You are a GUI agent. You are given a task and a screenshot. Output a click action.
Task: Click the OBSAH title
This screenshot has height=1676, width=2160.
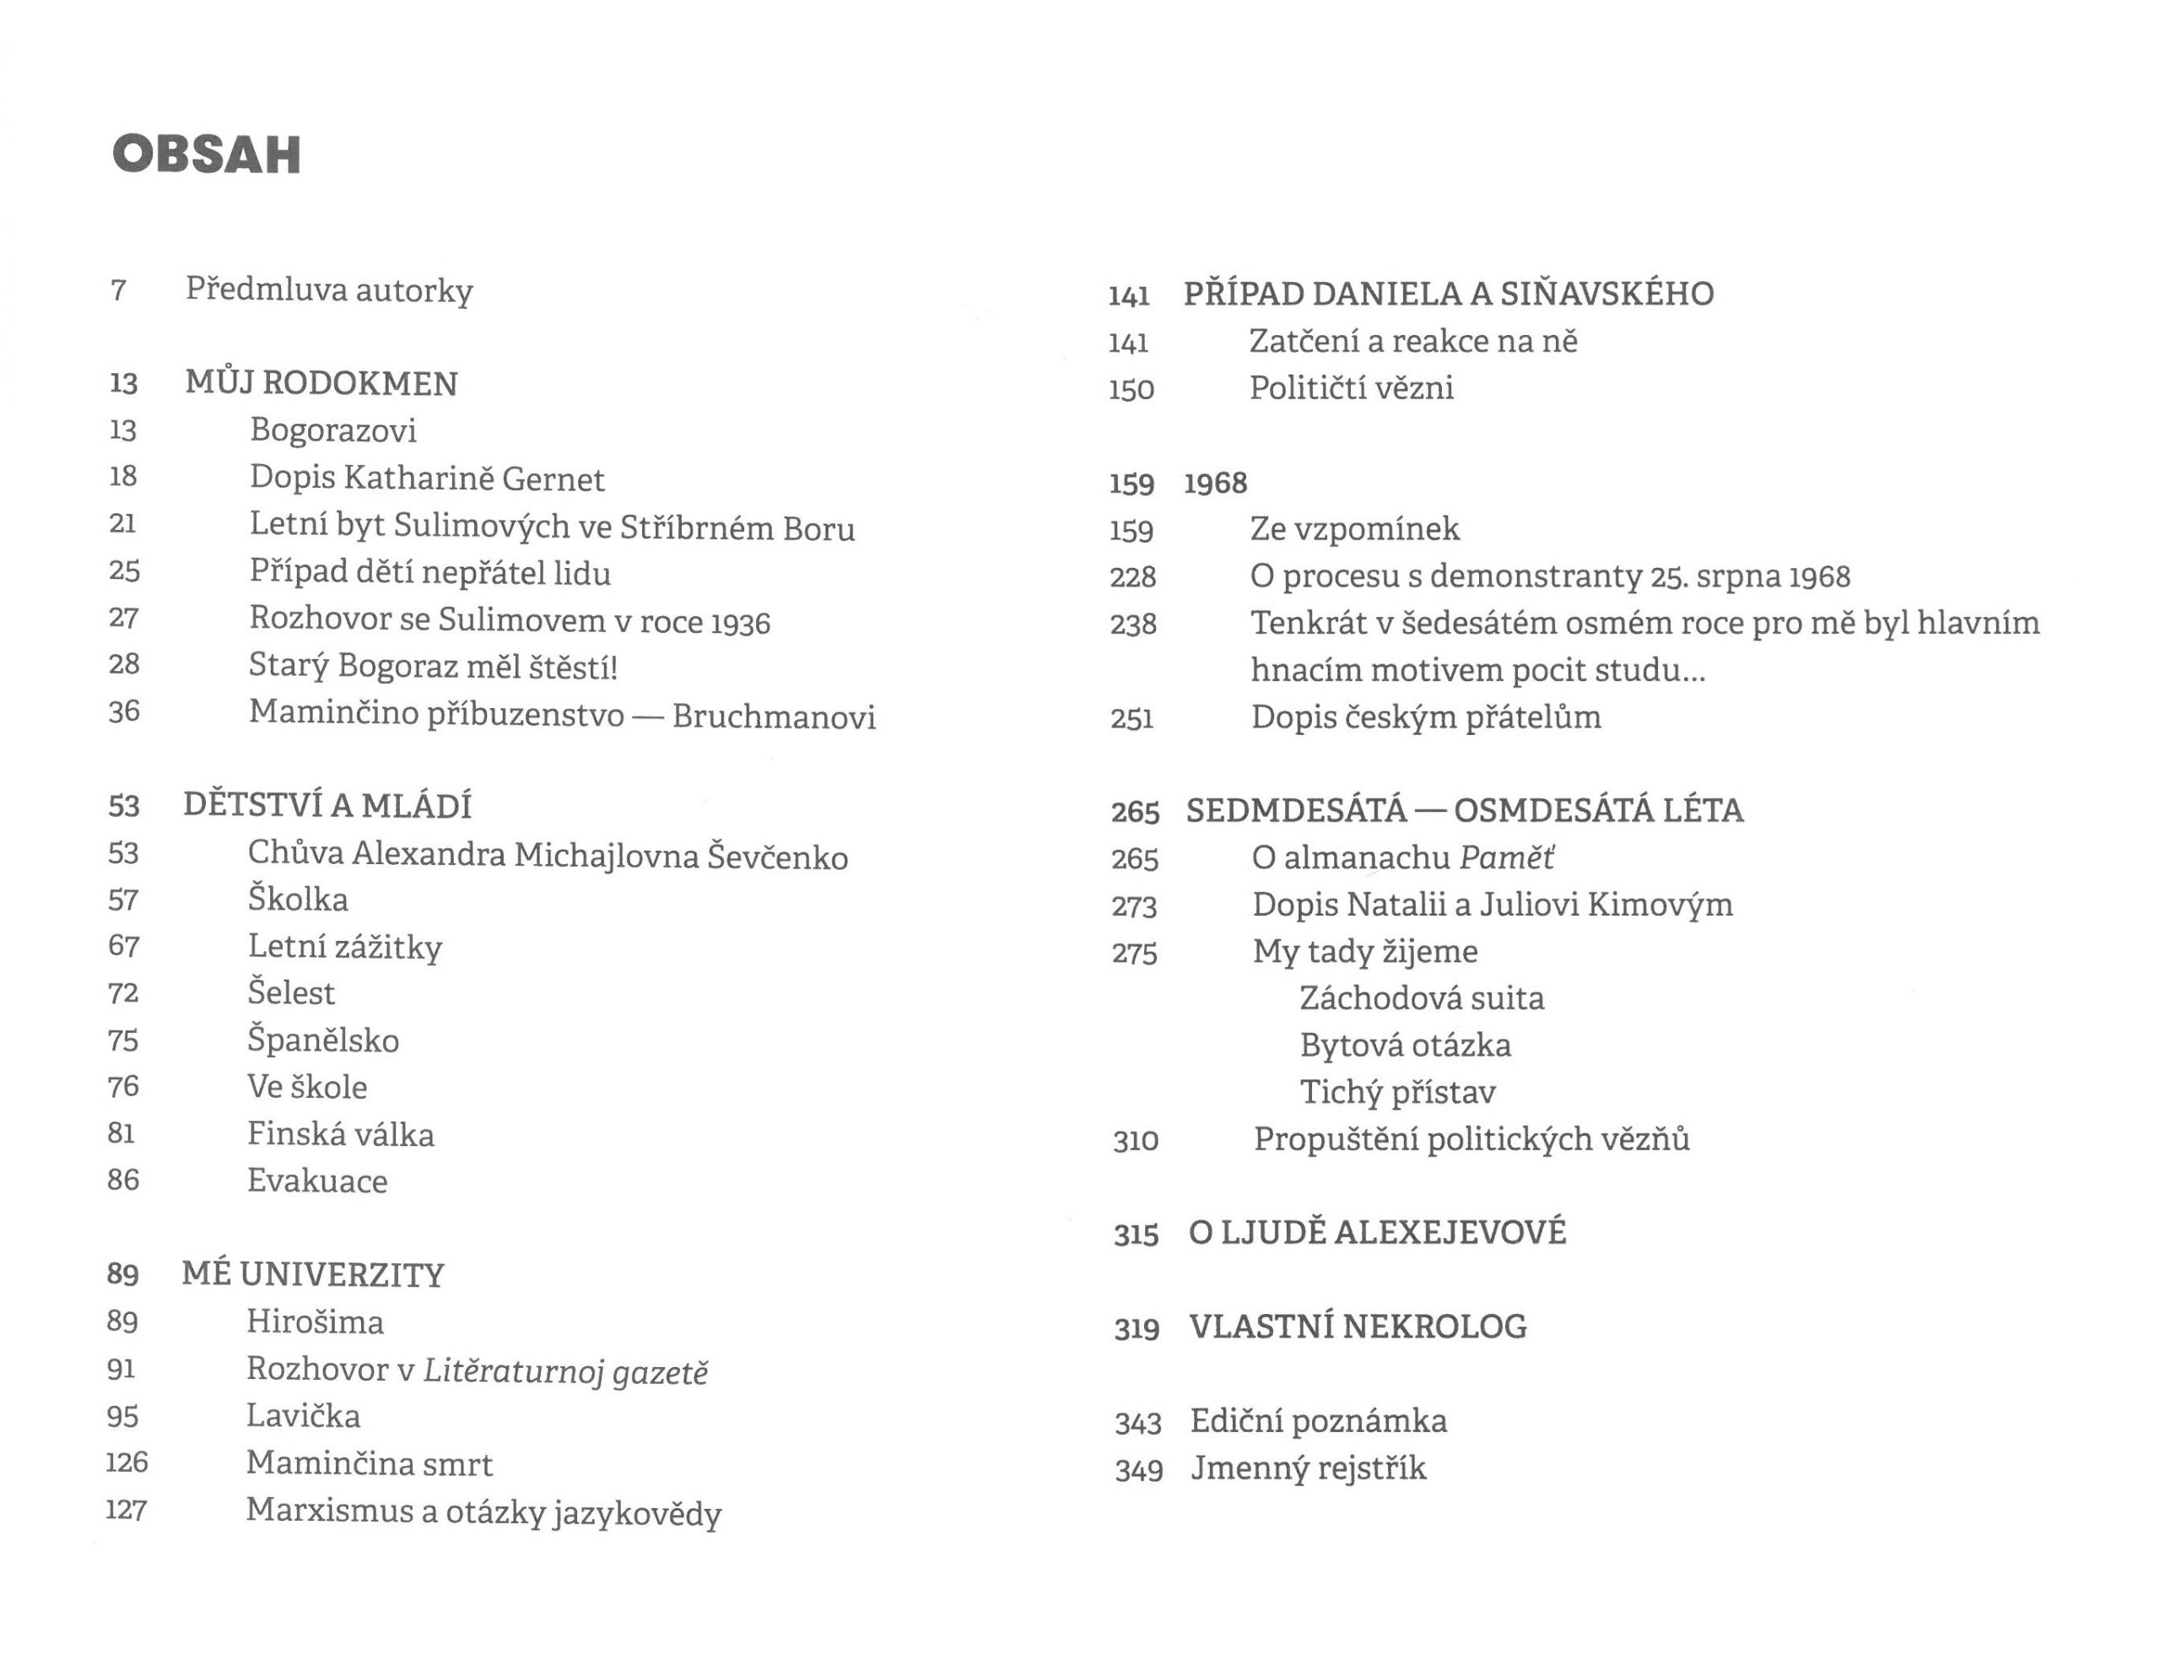[x=207, y=155]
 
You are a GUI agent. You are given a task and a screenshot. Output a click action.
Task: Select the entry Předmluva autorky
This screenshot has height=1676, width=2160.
[x=329, y=290]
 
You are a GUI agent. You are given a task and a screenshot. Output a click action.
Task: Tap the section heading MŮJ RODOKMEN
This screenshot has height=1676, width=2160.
[x=321, y=384]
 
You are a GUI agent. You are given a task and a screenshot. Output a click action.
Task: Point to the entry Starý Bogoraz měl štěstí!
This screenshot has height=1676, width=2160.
[x=433, y=666]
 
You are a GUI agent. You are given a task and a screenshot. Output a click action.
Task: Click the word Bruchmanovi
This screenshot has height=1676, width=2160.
[x=774, y=716]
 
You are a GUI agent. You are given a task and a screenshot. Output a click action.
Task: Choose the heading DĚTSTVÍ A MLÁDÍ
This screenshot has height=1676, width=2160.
[x=327, y=806]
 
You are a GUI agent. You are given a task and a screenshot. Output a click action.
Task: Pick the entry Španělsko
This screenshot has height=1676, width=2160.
[x=323, y=1040]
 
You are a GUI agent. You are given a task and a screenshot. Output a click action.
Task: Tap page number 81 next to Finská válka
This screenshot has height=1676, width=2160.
[x=121, y=1133]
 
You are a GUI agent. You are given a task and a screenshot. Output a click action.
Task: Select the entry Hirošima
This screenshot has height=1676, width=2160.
[x=316, y=1322]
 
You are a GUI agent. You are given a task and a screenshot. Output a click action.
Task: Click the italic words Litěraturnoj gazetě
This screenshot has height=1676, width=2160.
[x=565, y=1371]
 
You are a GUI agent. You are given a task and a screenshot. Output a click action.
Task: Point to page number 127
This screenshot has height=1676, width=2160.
[x=127, y=1511]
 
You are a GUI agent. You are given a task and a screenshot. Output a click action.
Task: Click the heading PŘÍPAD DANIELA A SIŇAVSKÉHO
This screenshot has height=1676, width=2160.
[x=1449, y=294]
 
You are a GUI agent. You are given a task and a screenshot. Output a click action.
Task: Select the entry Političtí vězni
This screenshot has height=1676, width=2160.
[x=1352, y=388]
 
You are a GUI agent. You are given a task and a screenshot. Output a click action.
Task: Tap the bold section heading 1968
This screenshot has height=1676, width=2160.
[x=1216, y=483]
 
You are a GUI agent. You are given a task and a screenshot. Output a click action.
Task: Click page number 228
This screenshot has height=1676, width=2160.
[x=1132, y=576]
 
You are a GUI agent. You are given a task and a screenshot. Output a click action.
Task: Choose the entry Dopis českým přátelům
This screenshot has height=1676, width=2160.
[x=1426, y=717]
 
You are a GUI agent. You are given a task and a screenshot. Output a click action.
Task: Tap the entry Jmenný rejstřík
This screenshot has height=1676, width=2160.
[x=1309, y=1468]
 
